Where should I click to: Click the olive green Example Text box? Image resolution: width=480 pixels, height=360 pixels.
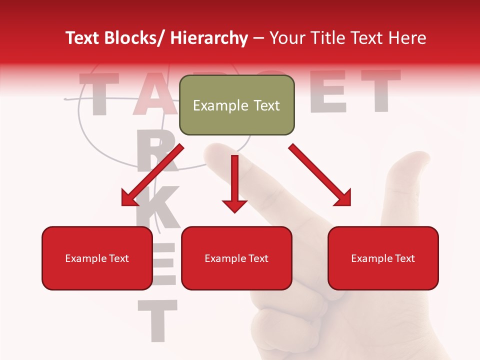coord(236,105)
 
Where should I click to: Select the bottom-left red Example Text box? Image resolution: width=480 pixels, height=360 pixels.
coord(97,258)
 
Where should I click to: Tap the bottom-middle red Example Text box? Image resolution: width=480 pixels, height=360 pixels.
coord(236,258)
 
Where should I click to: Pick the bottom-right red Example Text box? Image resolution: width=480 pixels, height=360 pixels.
coord(383,258)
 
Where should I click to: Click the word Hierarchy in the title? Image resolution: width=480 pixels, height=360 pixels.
coord(209,38)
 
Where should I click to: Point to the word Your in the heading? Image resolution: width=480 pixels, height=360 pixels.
coord(286,38)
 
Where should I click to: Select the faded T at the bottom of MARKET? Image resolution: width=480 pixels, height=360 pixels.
coord(157,320)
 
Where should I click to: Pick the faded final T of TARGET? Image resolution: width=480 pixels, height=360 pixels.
coord(380,90)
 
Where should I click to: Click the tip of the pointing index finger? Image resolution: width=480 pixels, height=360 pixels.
coord(217,150)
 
